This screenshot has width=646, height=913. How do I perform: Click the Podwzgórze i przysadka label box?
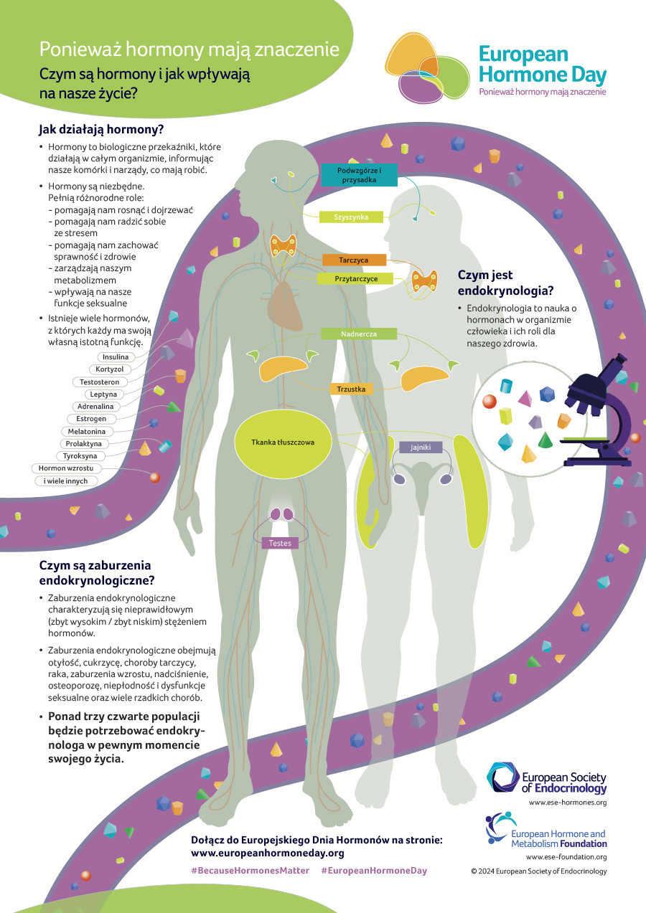point(359,175)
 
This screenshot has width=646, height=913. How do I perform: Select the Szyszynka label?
point(351,217)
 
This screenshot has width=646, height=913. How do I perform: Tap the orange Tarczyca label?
point(354,260)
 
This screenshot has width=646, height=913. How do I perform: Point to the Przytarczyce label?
point(355,279)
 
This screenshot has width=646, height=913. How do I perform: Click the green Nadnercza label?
point(359,333)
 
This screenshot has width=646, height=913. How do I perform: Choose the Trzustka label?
point(351,389)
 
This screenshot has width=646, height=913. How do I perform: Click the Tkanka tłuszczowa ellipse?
point(283,443)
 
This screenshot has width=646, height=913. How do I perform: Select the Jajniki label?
point(421,447)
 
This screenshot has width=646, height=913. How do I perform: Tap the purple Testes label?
point(280,543)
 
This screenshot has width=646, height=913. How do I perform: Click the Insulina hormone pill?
point(116,357)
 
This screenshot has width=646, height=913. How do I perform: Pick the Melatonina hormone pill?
point(86,431)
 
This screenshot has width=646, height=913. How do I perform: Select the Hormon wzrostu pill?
point(66,468)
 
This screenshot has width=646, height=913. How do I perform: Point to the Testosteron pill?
point(100,382)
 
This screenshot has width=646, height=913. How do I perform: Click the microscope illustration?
point(599,412)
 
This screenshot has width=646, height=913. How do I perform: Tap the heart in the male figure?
point(285,306)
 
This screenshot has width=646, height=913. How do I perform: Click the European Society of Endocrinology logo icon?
point(503,777)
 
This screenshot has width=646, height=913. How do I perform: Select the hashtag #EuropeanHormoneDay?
point(374,871)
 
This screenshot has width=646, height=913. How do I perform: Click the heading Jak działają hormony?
point(101,130)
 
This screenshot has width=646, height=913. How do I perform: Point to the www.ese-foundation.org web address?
point(566,857)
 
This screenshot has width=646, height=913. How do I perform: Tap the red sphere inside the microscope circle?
point(490,401)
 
